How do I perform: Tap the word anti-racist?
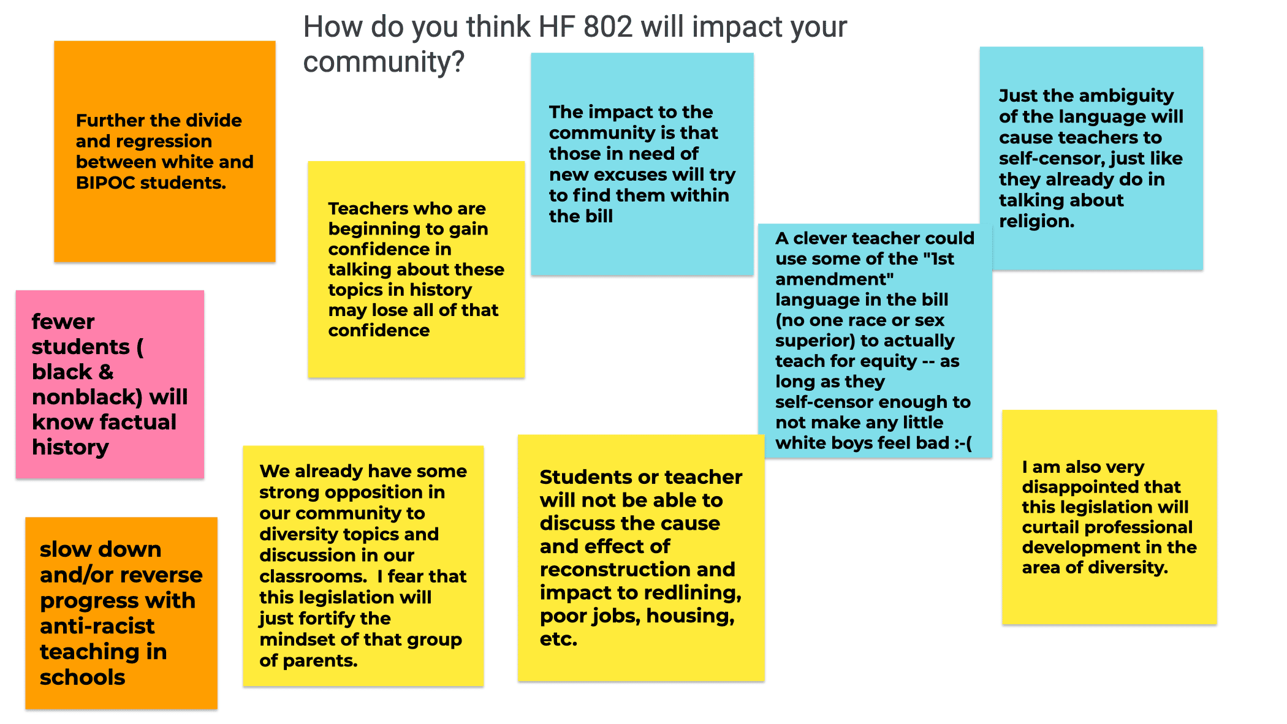[97, 626]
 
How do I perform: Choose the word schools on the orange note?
[82, 677]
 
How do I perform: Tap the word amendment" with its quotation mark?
[834, 279]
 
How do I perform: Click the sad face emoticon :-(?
[963, 443]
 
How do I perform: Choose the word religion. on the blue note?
[1036, 221]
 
